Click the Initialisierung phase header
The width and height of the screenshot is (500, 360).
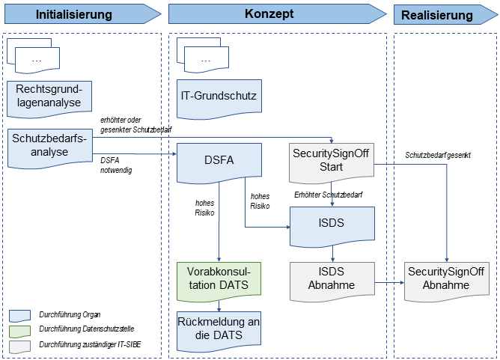coord(75,14)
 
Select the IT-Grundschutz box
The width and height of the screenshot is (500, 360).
coord(219,96)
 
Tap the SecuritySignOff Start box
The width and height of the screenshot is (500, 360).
coord(332,159)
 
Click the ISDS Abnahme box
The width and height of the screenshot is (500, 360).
coord(332,277)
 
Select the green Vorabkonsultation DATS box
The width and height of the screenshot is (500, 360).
coord(219,278)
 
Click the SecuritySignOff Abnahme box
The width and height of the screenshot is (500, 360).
coord(447,278)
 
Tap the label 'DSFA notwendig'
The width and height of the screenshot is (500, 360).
coord(117,165)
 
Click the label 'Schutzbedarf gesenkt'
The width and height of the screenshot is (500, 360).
coord(438,155)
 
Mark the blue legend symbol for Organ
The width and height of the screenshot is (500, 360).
coord(20,315)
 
